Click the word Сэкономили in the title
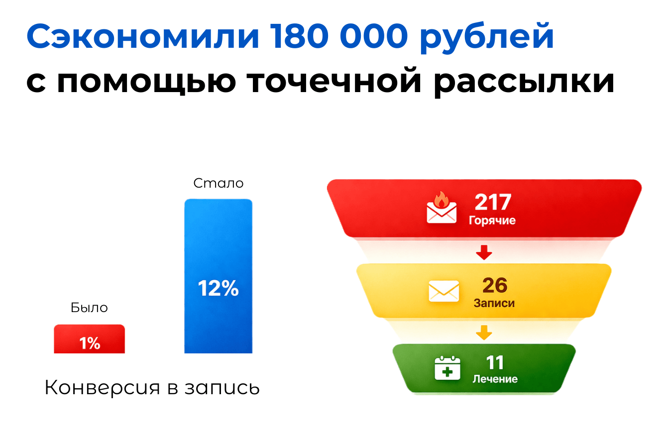[x=143, y=36]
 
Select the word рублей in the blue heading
[x=486, y=39]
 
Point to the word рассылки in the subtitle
[x=524, y=83]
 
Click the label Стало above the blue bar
[x=218, y=183]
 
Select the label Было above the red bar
[x=89, y=308]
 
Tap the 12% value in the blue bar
[x=218, y=288]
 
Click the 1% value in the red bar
[x=89, y=343]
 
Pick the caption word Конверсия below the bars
[x=102, y=388]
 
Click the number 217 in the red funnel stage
[x=493, y=202]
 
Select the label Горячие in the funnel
[x=492, y=221]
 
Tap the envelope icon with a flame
[x=442, y=208]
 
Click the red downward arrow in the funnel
[x=484, y=252]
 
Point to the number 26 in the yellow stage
[x=495, y=285]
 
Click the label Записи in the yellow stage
[x=494, y=303]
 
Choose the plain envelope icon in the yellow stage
[x=444, y=291]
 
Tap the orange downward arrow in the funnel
[x=484, y=332]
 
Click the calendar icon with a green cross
[x=447, y=368]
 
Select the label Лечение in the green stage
[x=495, y=379]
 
